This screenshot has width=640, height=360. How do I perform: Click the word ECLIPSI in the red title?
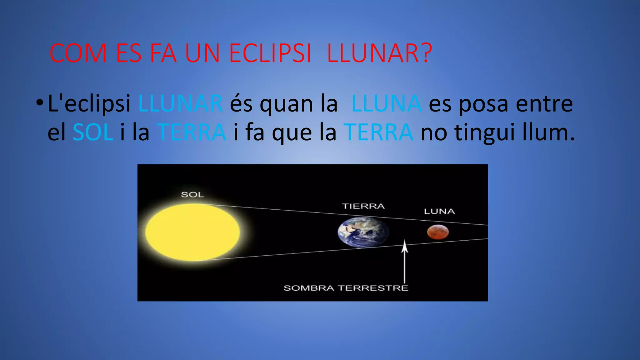pos(270,53)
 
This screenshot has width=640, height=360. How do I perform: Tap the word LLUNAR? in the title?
pos(379,53)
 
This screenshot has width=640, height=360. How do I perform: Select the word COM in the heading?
pos(78,53)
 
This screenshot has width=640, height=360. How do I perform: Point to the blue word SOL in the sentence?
pos(93,132)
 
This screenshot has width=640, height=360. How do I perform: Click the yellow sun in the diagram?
pos(192,232)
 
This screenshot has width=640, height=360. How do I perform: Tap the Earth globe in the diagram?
pos(363,232)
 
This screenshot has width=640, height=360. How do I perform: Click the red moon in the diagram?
pos(438,232)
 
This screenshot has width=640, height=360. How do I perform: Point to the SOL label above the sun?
pos(192,195)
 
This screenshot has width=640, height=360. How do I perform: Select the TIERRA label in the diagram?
pos(363,206)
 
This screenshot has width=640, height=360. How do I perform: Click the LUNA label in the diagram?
pos(439,212)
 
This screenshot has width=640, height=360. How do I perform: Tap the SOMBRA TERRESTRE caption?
pos(346,288)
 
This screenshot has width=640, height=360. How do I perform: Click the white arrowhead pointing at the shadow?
pos(405,246)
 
